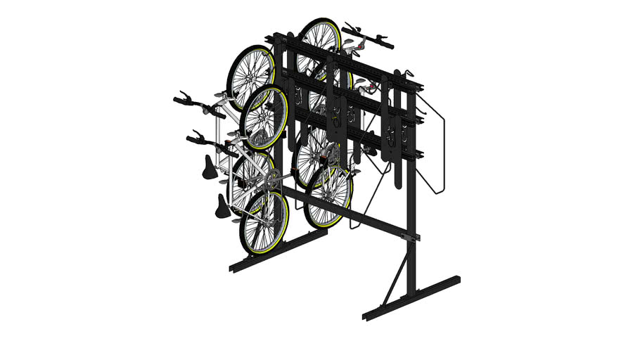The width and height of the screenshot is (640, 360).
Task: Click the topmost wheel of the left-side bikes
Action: pos(250,77)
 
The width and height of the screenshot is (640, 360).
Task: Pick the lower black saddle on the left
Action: pos(223,206)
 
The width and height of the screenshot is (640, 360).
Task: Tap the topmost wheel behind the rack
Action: pos(320,42)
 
